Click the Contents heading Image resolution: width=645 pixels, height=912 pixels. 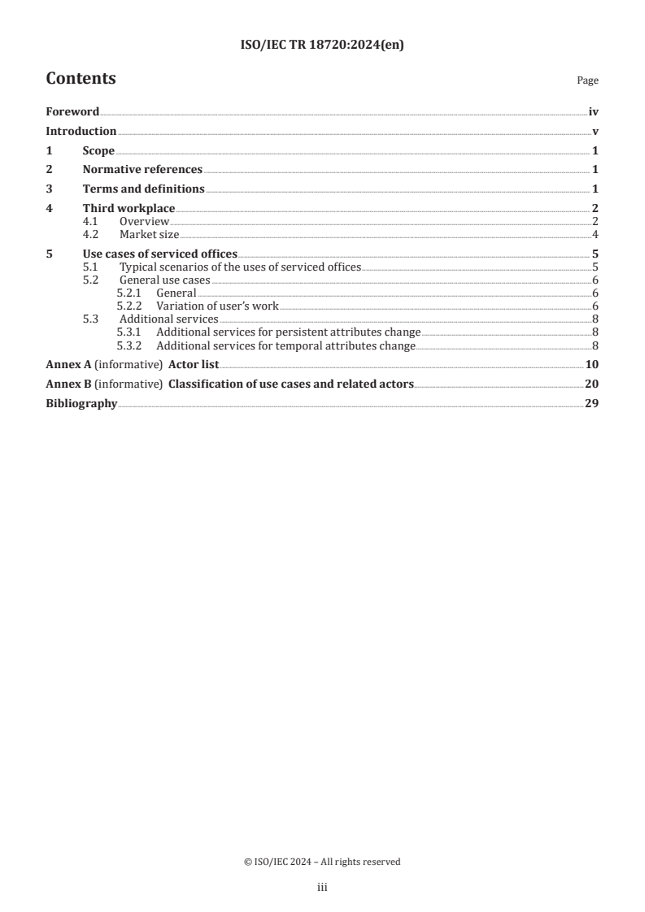81,79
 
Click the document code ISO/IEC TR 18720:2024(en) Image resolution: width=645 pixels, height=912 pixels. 322,46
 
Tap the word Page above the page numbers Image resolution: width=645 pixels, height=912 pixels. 587,80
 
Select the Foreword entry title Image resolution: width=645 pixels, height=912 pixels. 72,112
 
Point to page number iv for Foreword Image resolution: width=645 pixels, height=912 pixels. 594,112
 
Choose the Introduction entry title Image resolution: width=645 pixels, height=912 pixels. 81,132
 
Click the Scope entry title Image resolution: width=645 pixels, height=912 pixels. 98,150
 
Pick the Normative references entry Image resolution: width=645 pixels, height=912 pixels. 142,169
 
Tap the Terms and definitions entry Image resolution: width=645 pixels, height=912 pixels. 143,189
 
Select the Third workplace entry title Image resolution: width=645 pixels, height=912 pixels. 129,208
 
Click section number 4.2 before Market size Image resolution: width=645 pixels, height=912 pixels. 92,234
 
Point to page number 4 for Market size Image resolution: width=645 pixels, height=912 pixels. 595,234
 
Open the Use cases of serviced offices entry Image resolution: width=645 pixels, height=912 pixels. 159,254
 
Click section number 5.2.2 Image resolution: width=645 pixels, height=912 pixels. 130,306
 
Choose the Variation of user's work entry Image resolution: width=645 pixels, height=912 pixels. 217,306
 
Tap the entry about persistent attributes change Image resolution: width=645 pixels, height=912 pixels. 288,332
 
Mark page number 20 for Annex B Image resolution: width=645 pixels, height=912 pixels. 592,384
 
